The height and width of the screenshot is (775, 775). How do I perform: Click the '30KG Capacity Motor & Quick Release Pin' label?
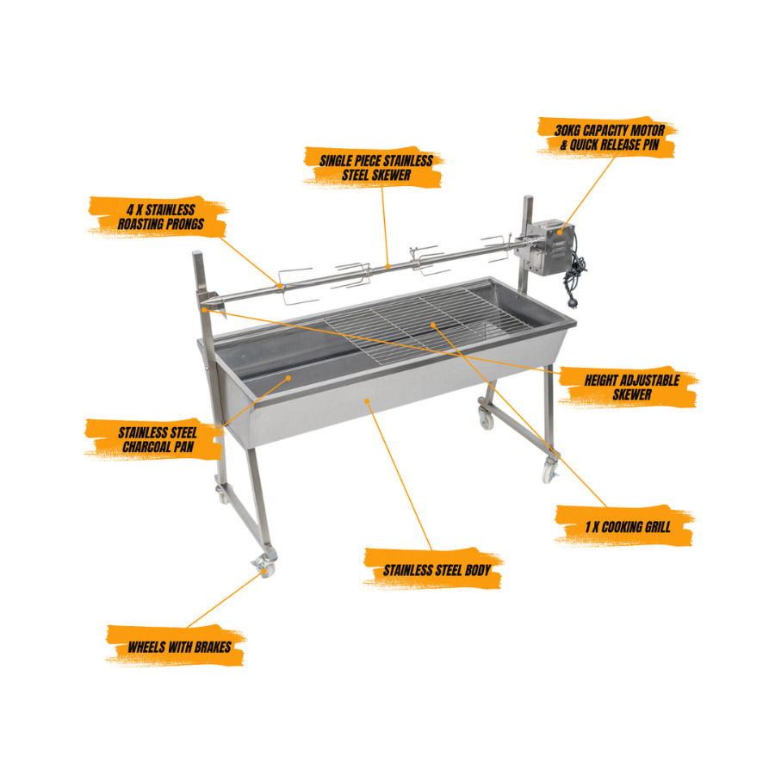coord(609,138)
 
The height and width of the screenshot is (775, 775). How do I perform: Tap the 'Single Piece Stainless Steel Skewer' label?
coord(375,168)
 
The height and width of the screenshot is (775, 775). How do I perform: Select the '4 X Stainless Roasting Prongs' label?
coord(160,216)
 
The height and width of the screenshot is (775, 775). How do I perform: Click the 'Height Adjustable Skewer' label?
coord(632,387)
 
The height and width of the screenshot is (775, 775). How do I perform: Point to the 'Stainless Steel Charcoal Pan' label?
coord(158,439)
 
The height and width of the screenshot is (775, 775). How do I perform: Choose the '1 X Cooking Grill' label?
coord(628,526)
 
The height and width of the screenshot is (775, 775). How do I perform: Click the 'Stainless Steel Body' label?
coord(437,570)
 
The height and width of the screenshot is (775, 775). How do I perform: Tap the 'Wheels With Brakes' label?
coord(179,647)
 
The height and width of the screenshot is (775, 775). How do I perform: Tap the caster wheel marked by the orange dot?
coord(263,567)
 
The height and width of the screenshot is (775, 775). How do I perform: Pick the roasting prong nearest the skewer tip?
coord(296,287)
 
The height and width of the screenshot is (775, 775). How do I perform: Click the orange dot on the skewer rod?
coord(388,266)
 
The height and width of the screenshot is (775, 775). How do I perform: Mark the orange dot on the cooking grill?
coord(433,325)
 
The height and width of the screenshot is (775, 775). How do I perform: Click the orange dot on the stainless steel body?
coord(367,400)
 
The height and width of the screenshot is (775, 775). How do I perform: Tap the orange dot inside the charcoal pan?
coord(289,378)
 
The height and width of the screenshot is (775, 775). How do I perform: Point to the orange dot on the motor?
coord(560,232)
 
